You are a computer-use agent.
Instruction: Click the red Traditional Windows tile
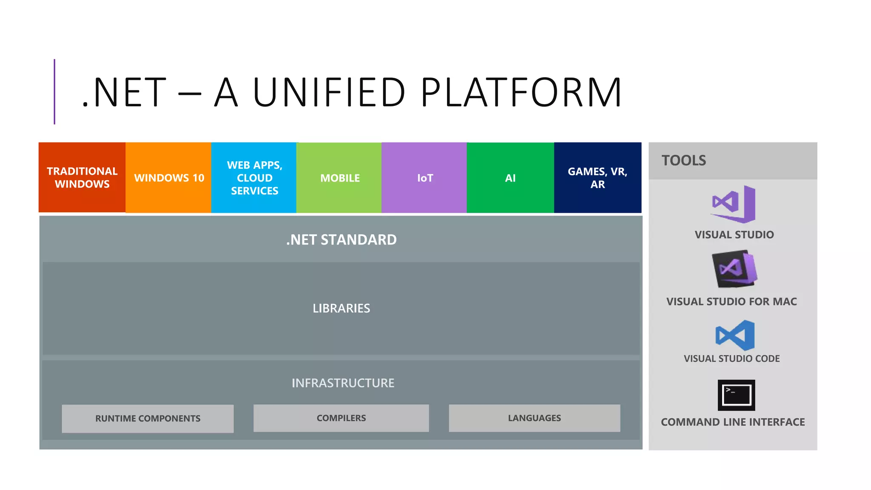(82, 177)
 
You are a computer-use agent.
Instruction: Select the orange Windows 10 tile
(168, 177)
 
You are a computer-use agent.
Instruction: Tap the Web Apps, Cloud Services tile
(254, 177)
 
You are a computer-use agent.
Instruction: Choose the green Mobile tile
(339, 177)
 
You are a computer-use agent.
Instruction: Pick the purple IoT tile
(424, 177)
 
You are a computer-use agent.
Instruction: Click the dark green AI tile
(510, 177)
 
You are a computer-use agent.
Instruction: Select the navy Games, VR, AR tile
(598, 177)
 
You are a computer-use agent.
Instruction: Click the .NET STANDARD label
(341, 240)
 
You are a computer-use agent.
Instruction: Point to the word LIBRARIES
(341, 308)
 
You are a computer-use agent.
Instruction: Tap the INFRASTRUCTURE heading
(343, 383)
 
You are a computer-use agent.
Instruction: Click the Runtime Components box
(148, 419)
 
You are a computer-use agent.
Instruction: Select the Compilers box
(341, 418)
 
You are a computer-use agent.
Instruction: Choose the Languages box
(534, 418)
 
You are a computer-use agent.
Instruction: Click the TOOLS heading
(683, 160)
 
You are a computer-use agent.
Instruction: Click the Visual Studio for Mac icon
(734, 269)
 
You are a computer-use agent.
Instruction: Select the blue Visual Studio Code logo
(735, 336)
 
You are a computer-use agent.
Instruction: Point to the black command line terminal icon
(736, 395)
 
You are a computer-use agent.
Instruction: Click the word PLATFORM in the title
(521, 92)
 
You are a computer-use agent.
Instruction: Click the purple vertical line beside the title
(54, 91)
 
